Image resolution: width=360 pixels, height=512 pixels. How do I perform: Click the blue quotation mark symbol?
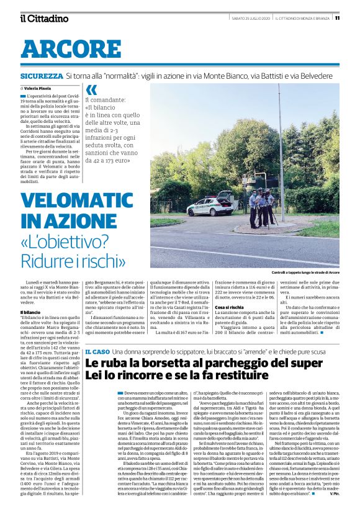[91, 89]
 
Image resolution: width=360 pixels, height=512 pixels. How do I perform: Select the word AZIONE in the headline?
[79, 221]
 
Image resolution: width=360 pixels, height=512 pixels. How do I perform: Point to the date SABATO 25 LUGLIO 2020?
[250, 17]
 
